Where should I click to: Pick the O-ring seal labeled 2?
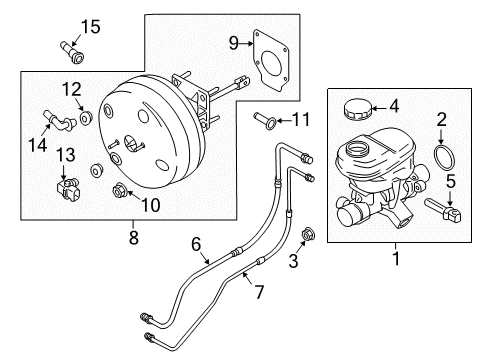pyautogui.click(x=440, y=159)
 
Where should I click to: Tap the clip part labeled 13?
pyautogui.click(x=69, y=185)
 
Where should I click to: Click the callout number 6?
pyautogui.click(x=197, y=242)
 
